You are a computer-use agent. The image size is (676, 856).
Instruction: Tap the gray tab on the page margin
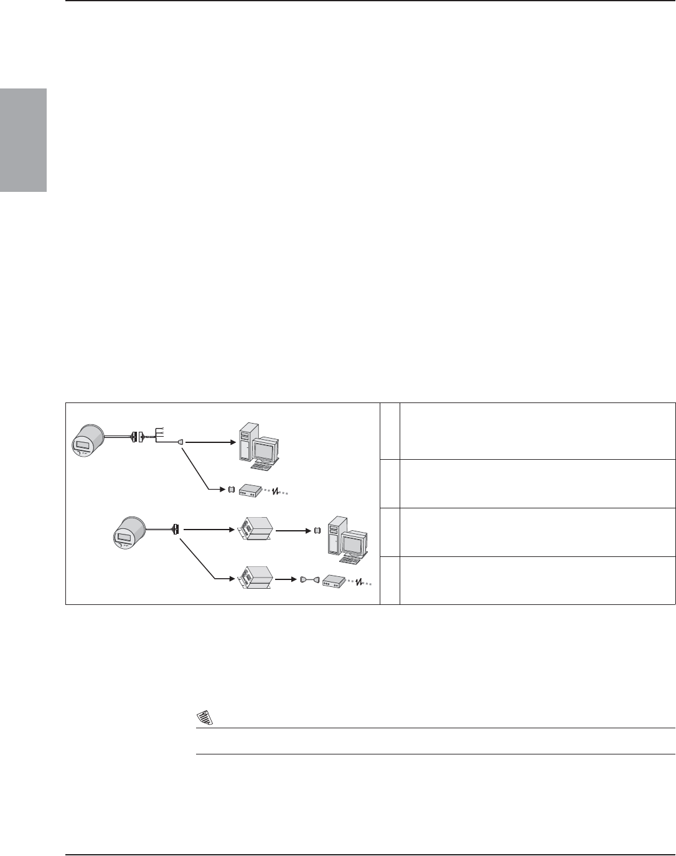(23, 140)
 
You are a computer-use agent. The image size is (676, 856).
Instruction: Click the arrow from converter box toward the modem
(285, 579)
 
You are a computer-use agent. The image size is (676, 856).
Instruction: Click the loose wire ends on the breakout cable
(159, 432)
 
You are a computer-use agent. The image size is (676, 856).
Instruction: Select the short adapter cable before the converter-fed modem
(310, 579)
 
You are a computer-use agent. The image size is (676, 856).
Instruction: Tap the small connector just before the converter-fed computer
(317, 531)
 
